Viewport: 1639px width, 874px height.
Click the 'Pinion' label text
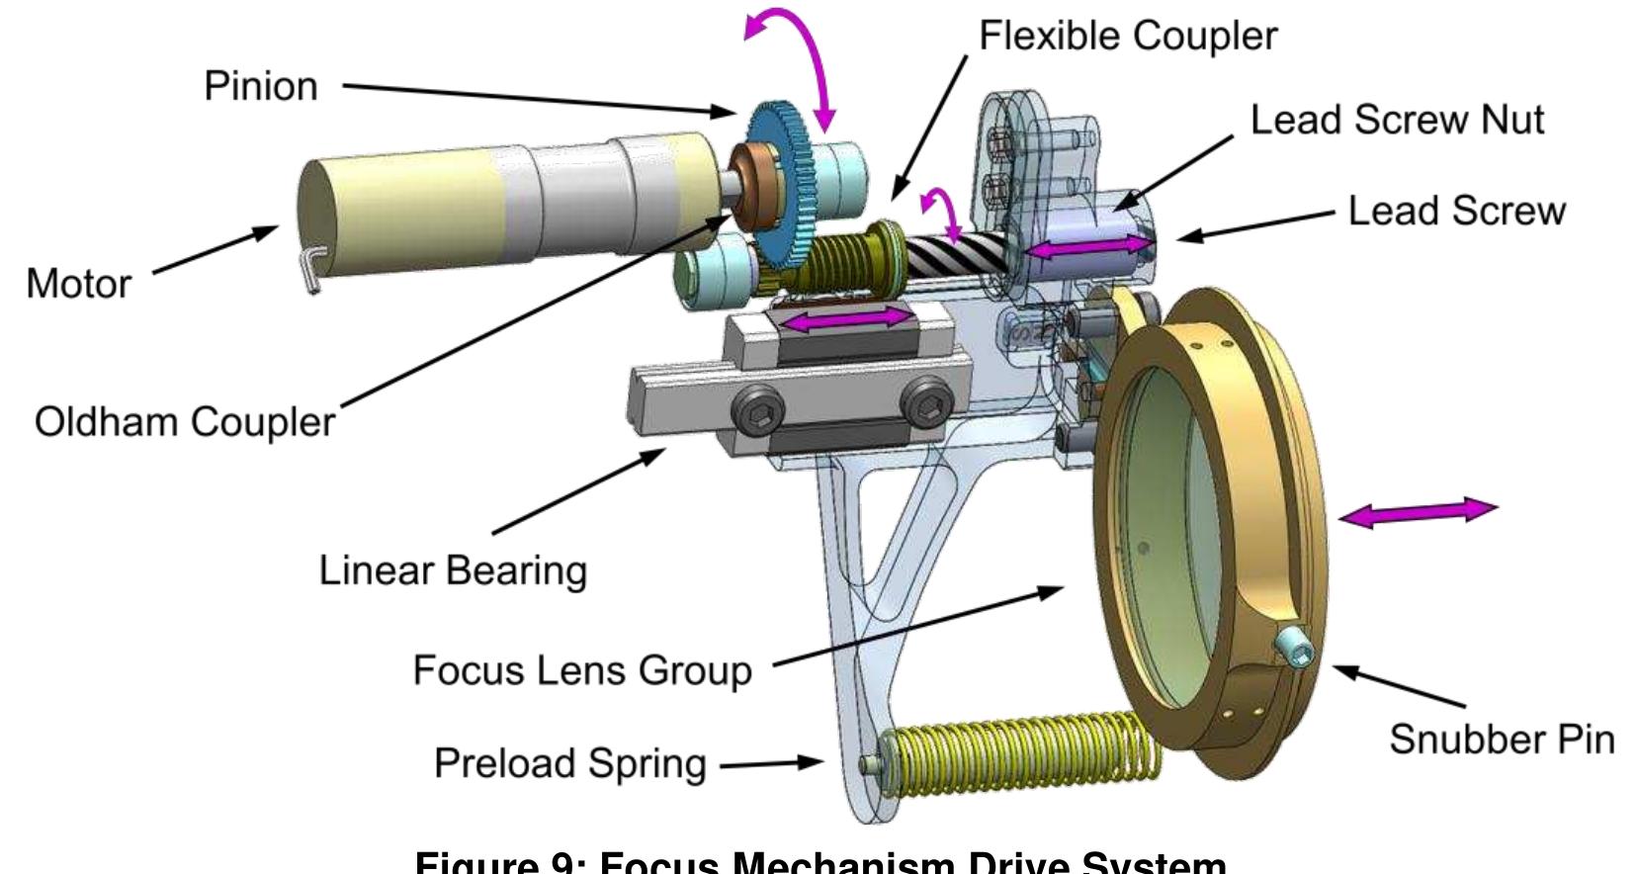[260, 86]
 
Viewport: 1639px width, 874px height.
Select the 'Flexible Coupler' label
[1127, 36]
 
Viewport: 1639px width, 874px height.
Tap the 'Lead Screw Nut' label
[1396, 120]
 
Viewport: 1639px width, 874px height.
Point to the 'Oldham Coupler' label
[185, 422]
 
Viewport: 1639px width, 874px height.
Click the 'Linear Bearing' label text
[453, 570]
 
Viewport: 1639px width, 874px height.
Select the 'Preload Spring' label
[570, 763]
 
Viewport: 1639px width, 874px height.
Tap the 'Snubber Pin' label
[1502, 739]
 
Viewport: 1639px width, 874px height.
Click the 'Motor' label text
[78, 284]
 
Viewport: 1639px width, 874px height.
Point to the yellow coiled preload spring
[1018, 756]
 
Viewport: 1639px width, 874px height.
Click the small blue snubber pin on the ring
[1295, 648]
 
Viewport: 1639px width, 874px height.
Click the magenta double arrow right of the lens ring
[1418, 512]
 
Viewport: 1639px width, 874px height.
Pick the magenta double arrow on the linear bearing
[846, 318]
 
